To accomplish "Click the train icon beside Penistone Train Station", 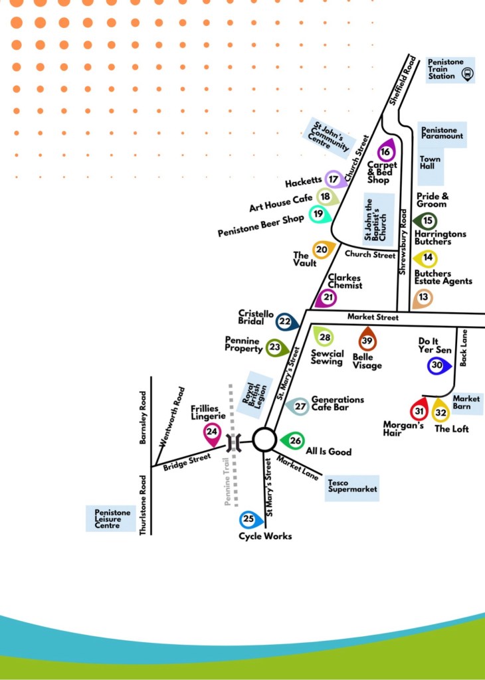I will [467, 74].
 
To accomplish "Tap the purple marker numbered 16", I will [385, 151].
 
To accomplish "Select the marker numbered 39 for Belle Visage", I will [367, 341].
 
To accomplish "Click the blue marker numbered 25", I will [249, 519].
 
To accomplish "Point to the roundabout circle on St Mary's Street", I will [264, 439].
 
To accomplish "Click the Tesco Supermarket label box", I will [352, 488].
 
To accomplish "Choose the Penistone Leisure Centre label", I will [112, 518].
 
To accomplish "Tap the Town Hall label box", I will [431, 163].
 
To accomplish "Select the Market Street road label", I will [373, 317].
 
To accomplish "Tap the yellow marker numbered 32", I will [440, 412].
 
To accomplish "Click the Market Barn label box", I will [466, 402].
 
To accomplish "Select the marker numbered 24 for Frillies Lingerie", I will [212, 432].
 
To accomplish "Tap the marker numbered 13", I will [423, 297].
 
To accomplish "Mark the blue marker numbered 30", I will [437, 365].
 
